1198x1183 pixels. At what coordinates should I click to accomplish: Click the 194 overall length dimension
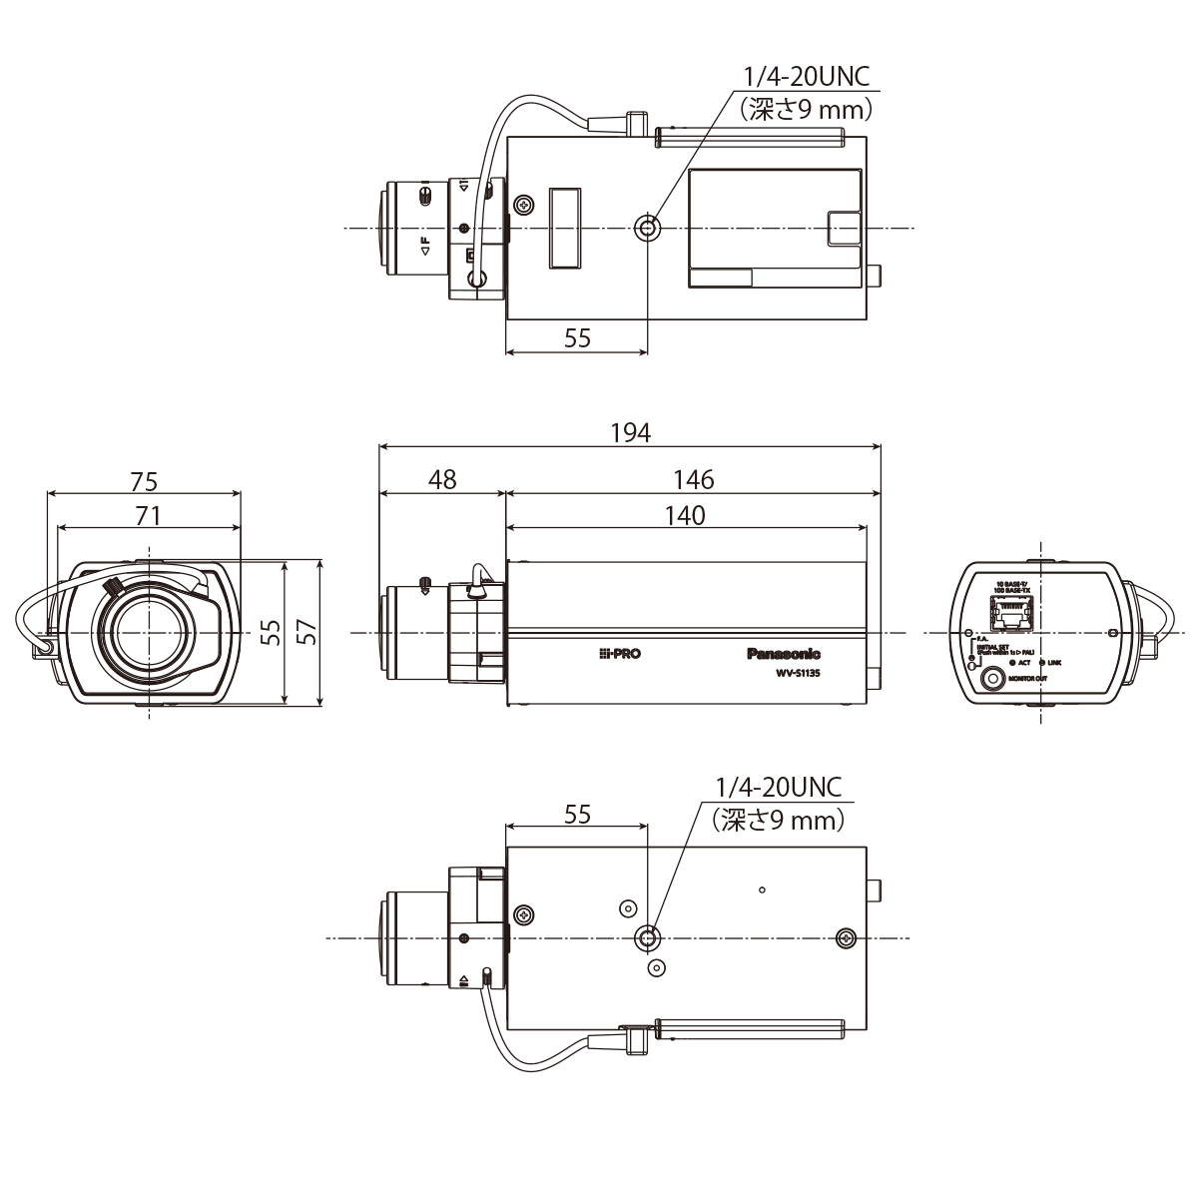point(630,432)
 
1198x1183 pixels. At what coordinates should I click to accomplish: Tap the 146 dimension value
point(693,480)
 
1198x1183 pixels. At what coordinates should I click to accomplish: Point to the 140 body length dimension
point(684,515)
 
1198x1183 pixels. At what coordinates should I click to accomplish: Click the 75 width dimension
point(144,482)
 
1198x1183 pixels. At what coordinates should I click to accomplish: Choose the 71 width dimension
point(148,515)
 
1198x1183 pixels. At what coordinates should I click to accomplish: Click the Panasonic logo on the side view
point(784,654)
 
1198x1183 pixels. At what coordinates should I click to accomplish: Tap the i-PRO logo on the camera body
point(620,654)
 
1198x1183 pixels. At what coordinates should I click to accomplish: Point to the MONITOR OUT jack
point(993,679)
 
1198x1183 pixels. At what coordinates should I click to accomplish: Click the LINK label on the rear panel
point(1054,661)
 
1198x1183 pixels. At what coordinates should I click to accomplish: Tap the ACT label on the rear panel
point(1023,661)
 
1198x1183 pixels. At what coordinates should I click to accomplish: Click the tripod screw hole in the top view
point(648,229)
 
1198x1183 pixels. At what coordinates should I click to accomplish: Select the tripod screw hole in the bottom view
point(648,937)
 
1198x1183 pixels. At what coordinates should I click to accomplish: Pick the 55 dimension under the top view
point(577,337)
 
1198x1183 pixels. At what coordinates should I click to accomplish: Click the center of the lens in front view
point(148,633)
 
